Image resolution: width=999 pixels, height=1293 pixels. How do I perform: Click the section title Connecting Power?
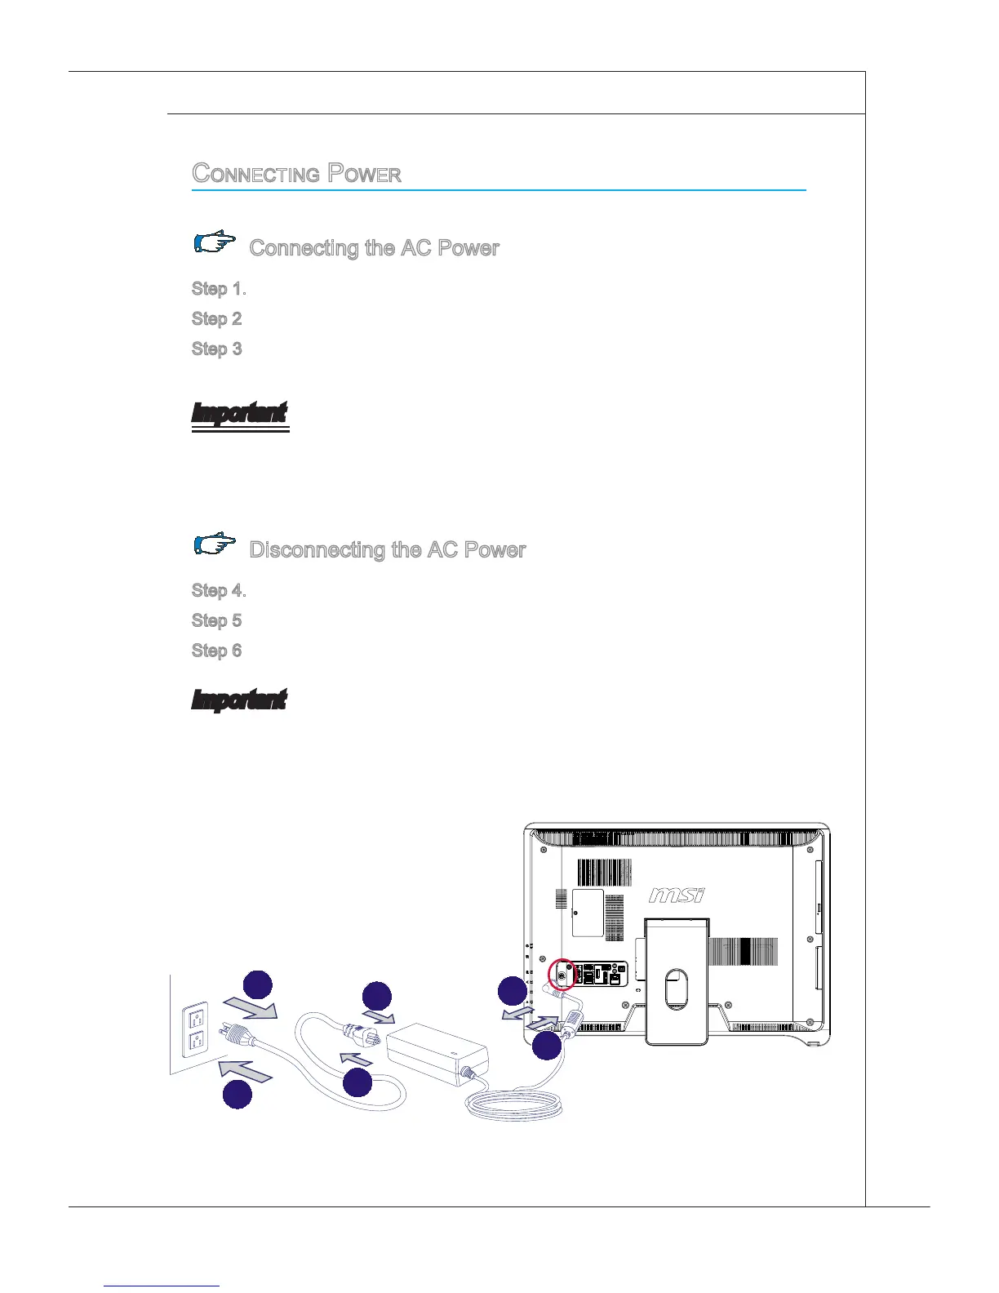(296, 174)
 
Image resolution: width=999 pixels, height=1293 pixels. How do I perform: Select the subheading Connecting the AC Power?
(374, 248)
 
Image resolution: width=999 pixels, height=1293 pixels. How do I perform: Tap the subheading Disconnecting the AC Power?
(387, 550)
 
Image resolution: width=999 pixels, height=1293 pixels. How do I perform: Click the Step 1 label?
(218, 289)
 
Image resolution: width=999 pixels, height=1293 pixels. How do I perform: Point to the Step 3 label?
(216, 349)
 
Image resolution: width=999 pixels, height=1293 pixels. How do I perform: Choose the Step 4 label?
(218, 591)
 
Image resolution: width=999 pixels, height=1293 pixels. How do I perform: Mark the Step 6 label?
(216, 651)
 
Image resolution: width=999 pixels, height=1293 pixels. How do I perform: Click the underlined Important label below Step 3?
(239, 414)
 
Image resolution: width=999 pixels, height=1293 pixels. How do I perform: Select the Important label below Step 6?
(238, 700)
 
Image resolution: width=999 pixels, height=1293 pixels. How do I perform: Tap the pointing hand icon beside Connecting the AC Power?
(215, 243)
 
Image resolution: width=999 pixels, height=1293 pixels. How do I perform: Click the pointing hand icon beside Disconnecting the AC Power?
(215, 544)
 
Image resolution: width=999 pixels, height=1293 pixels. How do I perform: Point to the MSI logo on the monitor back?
(677, 895)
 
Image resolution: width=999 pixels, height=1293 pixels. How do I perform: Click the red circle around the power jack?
(561, 974)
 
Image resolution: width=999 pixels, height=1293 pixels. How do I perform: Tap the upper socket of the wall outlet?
(195, 1017)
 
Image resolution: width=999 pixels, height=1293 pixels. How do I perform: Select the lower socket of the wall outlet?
(195, 1042)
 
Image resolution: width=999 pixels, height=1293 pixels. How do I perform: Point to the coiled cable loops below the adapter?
(514, 1106)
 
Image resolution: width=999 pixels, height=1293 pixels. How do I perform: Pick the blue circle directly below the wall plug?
(238, 1095)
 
